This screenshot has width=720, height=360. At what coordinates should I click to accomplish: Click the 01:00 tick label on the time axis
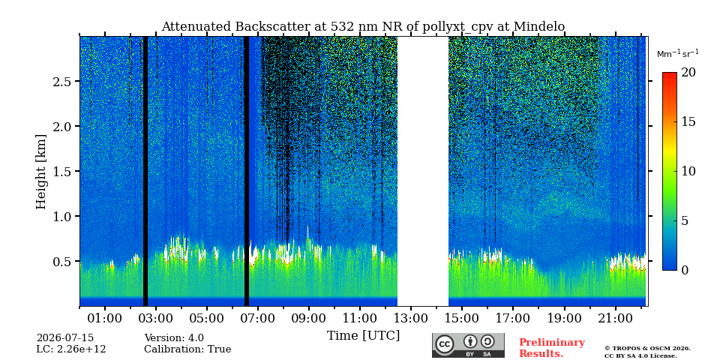point(105,318)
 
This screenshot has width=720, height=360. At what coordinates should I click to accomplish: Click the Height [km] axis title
point(41,172)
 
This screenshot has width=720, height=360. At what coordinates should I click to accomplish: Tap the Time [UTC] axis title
point(363,336)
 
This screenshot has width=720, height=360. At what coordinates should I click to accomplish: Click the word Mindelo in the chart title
point(539,27)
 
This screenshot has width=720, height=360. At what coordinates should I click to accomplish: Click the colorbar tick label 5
point(685,220)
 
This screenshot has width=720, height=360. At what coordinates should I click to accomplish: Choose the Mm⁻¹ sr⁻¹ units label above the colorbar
point(678,53)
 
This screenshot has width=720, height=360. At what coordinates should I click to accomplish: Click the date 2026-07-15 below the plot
point(65,338)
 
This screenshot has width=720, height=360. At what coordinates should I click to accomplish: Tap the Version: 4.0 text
point(174,338)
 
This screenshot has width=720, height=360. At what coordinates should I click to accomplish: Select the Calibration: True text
point(187,349)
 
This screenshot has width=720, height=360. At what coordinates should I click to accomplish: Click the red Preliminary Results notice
point(552,348)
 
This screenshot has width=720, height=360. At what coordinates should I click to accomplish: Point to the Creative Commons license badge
point(468,345)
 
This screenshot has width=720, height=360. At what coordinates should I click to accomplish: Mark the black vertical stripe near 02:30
point(145,171)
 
